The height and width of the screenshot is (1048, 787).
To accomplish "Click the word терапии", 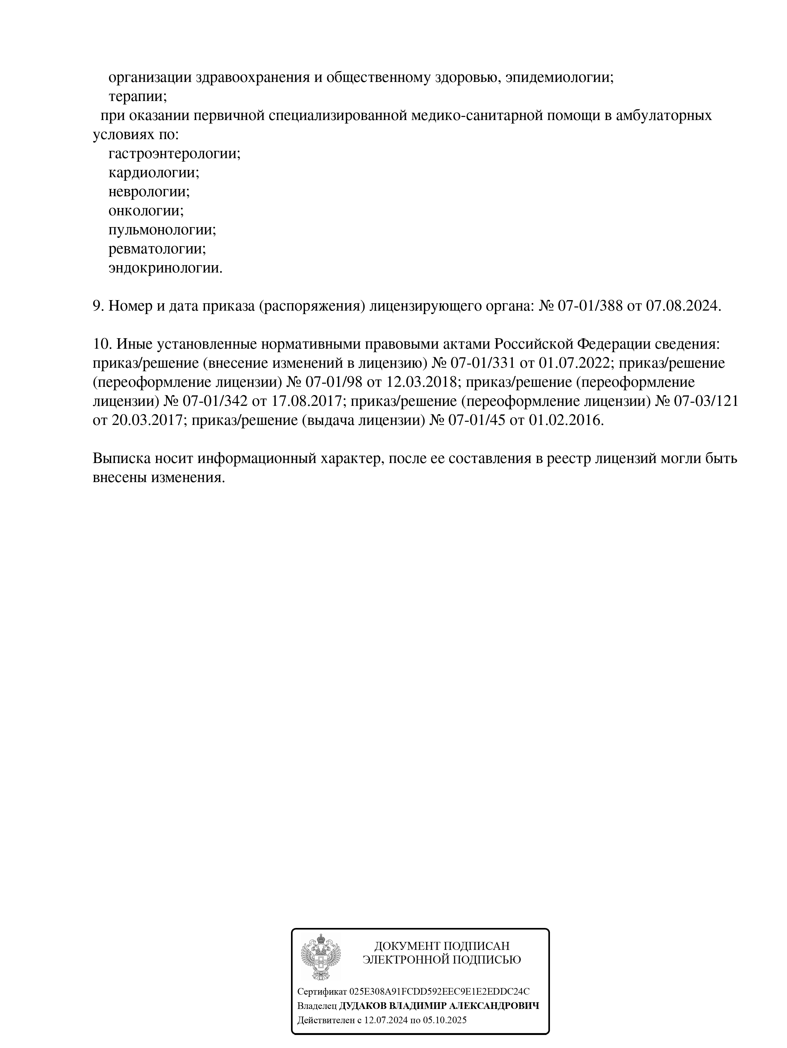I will point(137,97).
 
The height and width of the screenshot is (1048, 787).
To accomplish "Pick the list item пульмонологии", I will point(162,230).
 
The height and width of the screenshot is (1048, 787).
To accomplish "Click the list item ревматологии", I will point(157,249).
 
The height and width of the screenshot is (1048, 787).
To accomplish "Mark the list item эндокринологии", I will point(165,268).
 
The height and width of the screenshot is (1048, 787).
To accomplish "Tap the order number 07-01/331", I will point(485,363).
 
